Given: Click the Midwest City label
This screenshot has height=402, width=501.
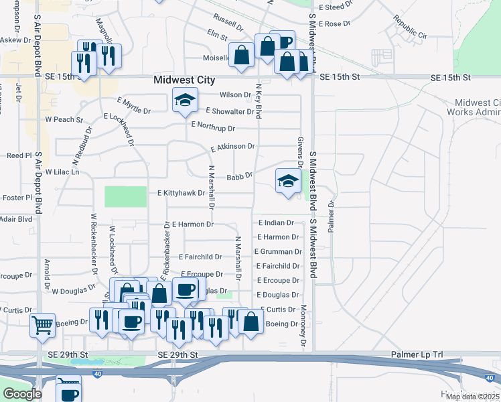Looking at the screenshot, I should click(x=184, y=80).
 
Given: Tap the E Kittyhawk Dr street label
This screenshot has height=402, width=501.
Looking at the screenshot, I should click(x=181, y=193).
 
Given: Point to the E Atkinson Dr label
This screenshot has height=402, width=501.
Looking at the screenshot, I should click(x=232, y=147).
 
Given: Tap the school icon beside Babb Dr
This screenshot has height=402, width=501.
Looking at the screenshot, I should click(x=288, y=180).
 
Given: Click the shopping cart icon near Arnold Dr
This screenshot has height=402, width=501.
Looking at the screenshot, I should click(x=42, y=325).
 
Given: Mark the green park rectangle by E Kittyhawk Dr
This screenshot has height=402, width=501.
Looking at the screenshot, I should click(x=125, y=196).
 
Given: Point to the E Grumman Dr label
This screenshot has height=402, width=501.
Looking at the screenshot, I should click(x=278, y=252).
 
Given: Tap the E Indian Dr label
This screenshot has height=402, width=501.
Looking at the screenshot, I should click(x=276, y=222).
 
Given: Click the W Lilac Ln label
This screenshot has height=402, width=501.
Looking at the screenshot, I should click(x=62, y=172).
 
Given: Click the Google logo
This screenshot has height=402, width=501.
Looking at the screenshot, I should click(x=23, y=394).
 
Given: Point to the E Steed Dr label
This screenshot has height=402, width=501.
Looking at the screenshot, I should click(x=336, y=7).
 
